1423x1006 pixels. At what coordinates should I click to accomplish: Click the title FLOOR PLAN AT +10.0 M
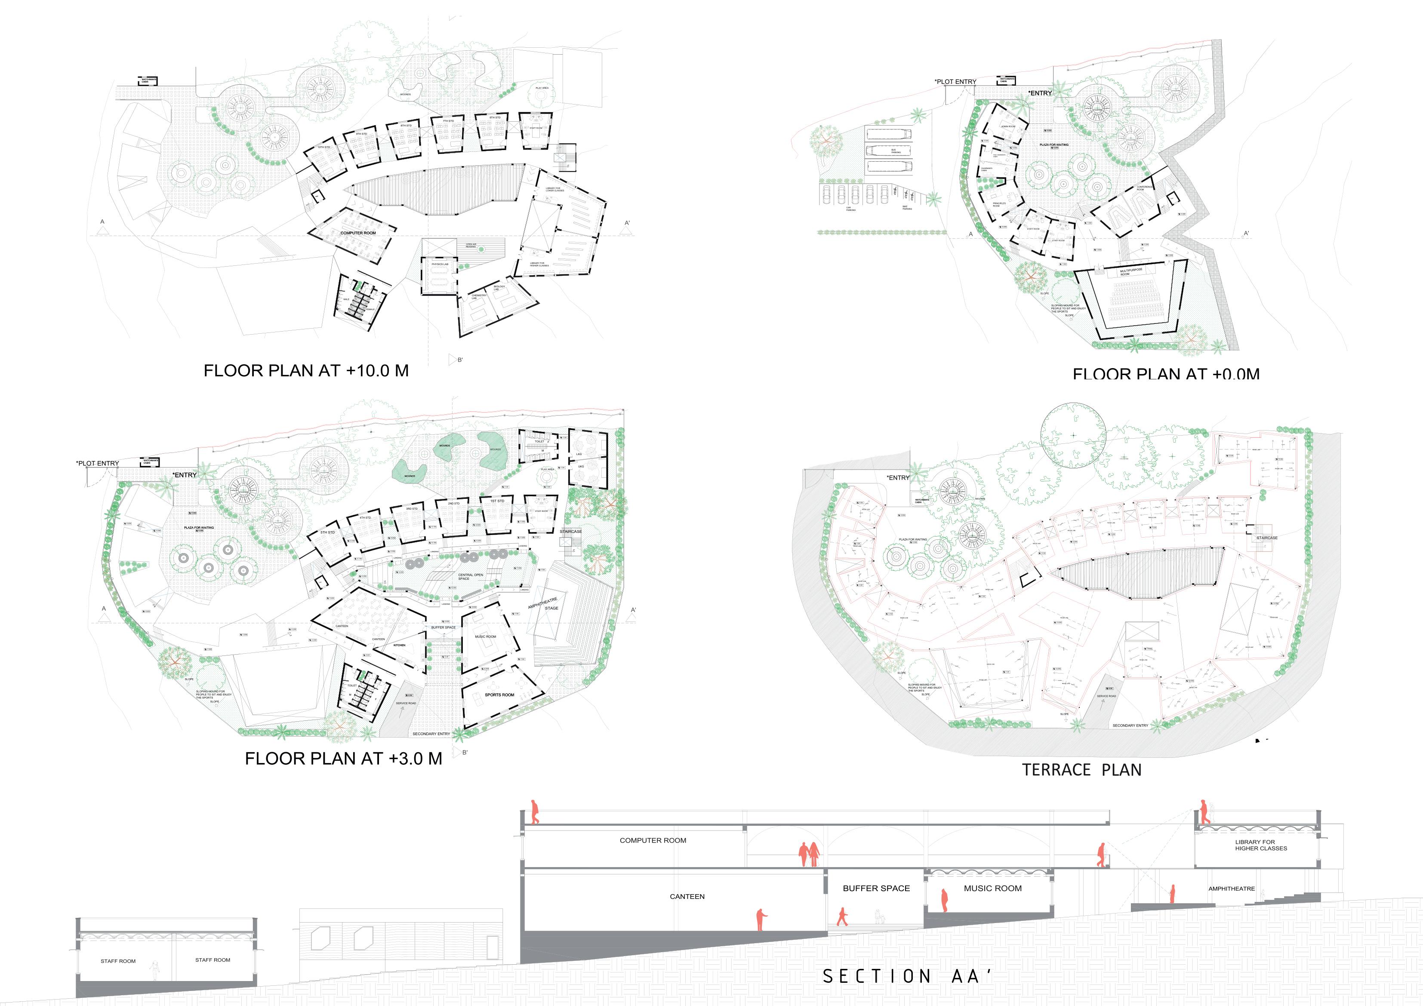[306, 371]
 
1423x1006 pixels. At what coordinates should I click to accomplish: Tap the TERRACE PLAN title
[1081, 770]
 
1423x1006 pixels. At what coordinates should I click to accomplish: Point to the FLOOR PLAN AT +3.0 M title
[343, 759]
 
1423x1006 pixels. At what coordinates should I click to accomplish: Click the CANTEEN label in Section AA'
[687, 896]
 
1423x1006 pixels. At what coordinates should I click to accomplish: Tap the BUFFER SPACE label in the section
[876, 888]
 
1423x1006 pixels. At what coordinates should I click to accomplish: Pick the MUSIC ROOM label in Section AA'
[992, 888]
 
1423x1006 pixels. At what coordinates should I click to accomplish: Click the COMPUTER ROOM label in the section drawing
[653, 840]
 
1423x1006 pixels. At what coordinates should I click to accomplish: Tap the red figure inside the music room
[944, 901]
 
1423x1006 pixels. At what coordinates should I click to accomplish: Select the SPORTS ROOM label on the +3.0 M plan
[499, 695]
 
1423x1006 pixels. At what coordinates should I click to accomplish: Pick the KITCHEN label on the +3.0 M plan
[399, 645]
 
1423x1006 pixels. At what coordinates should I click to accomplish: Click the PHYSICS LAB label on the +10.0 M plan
[440, 264]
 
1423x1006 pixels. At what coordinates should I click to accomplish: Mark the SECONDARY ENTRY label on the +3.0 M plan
[431, 734]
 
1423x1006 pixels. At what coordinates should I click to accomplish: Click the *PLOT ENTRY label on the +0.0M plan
[955, 82]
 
